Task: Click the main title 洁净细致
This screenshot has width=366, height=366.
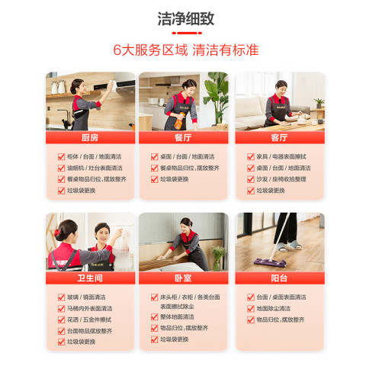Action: [186, 18]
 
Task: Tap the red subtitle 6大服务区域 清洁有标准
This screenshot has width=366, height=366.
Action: [186, 50]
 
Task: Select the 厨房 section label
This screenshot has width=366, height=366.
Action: [90, 137]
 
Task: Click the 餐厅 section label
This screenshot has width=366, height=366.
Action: [183, 137]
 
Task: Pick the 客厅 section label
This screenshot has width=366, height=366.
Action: [279, 137]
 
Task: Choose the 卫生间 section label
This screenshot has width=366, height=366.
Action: [90, 278]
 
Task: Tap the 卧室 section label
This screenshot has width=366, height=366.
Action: [183, 278]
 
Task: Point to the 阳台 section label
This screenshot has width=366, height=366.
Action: [279, 278]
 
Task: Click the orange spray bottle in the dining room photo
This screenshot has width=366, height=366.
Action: [179, 121]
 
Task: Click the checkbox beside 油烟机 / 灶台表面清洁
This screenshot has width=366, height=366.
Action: [61, 168]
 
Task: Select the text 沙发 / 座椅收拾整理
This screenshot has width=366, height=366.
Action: [281, 179]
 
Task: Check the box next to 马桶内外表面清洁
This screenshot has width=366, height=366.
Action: [61, 309]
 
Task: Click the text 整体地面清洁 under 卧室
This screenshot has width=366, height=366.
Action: [177, 316]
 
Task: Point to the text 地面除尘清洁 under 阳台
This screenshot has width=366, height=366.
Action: [273, 309]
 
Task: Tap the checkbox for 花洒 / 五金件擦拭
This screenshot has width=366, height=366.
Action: [61, 319]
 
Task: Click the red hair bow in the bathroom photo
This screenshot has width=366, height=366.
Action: [56, 233]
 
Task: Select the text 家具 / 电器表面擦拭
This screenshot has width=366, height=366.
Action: [281, 156]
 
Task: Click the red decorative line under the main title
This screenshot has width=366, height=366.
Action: [187, 33]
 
